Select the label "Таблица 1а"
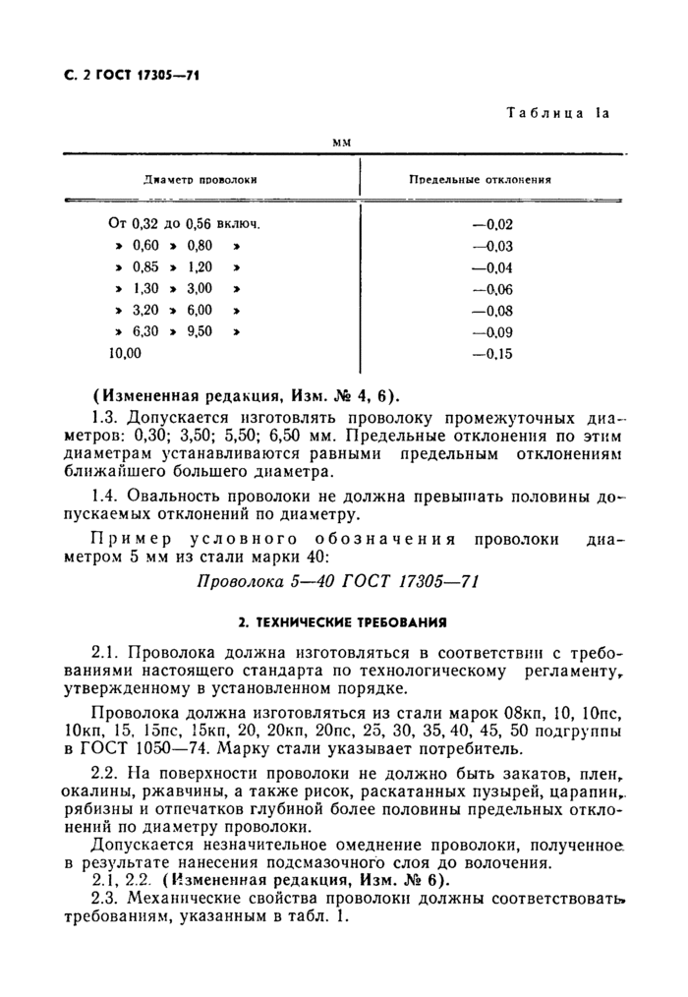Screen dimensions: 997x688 [558, 114]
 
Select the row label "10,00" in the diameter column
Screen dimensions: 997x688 [125, 353]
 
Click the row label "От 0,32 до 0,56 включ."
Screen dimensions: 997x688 [191, 224]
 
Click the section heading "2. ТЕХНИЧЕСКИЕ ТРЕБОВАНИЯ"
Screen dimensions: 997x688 [343, 622]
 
